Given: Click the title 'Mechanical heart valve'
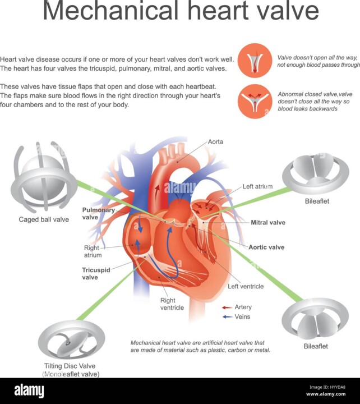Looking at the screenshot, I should [x=181, y=12].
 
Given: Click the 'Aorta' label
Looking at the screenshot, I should [x=215, y=141].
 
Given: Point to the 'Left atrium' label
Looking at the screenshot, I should [x=257, y=186].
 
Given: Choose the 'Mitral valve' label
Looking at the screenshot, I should [x=267, y=222].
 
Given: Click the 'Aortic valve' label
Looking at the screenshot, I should [x=266, y=247].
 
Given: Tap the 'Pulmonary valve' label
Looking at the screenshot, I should [x=98, y=214].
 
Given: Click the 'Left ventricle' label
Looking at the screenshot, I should [x=246, y=286].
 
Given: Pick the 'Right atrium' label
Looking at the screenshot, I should [x=92, y=251].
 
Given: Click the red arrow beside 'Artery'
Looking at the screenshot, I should [x=227, y=307].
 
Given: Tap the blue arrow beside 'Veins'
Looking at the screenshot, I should [x=227, y=316].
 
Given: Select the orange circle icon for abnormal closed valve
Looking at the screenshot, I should [x=255, y=101].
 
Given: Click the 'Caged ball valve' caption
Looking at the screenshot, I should [x=44, y=219].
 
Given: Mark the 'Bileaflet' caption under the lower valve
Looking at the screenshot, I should [x=316, y=346].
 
